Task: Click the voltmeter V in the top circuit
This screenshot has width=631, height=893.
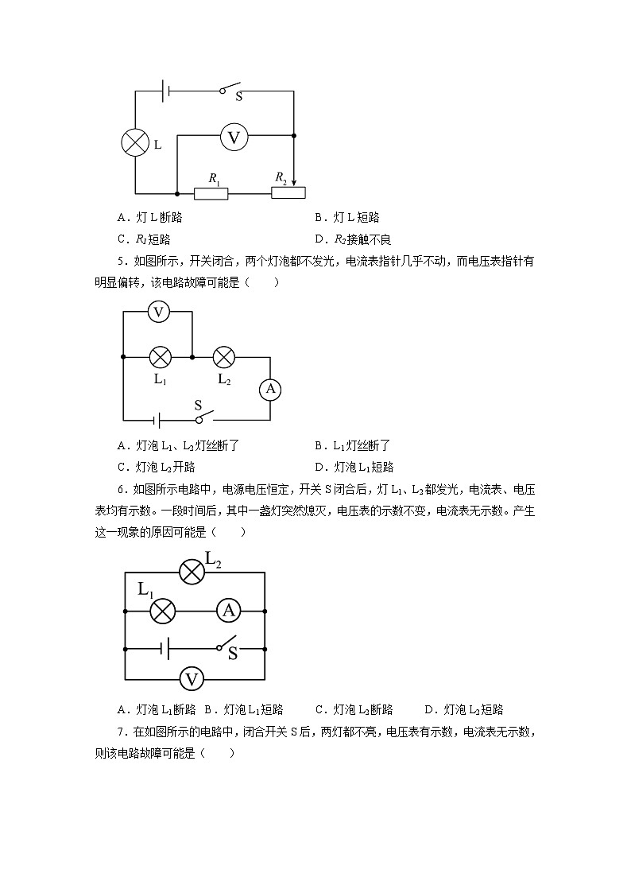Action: [234, 138]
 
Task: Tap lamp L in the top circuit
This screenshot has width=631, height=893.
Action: [134, 144]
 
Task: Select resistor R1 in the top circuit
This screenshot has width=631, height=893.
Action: [211, 193]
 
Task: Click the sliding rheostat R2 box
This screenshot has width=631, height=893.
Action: [288, 192]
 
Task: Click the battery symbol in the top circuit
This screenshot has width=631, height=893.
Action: [165, 91]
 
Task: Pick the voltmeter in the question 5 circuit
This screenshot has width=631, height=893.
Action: [159, 312]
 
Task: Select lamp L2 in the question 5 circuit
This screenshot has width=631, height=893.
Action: [224, 357]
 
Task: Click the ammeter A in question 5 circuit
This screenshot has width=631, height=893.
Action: [270, 389]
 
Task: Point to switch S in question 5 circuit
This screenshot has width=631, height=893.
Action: [205, 416]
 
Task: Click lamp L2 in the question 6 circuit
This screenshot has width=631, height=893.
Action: [191, 572]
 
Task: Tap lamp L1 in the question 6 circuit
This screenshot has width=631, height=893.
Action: [163, 611]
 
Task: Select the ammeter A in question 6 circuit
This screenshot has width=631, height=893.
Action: [229, 611]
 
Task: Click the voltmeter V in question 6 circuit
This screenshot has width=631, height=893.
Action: [191, 679]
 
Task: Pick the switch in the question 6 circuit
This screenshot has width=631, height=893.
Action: [229, 643]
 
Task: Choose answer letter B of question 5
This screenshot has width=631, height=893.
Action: [319, 446]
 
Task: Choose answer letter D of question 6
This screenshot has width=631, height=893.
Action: [429, 710]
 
